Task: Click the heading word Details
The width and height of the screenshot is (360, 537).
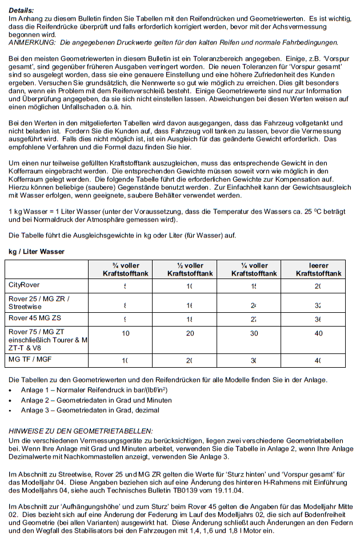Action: pos(22,11)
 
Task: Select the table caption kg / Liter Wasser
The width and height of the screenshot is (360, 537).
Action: pos(37,252)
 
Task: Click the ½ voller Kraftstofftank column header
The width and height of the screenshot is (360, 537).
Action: pos(190,269)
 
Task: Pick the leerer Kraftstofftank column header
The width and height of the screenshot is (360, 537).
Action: pos(318,269)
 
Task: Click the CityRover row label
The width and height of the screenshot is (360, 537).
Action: pos(26,285)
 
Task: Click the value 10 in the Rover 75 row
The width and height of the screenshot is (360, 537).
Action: pos(126,333)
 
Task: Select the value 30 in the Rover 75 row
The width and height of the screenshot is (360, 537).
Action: pos(254,333)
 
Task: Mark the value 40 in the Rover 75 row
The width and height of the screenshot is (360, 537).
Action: pos(318,333)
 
